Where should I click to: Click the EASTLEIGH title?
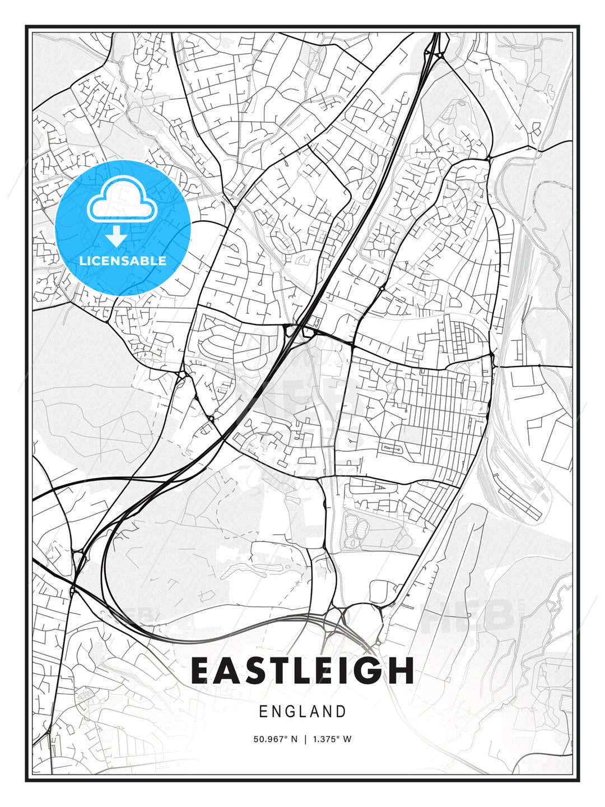pyautogui.click(x=302, y=670)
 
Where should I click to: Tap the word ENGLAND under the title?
pyautogui.click(x=302, y=712)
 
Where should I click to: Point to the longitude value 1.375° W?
pyautogui.click(x=332, y=739)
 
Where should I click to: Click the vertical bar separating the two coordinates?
pyautogui.click(x=305, y=739)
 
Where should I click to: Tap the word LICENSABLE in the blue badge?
pyautogui.click(x=123, y=261)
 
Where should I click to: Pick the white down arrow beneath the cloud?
pyautogui.click(x=117, y=236)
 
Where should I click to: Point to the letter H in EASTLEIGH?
pyautogui.click(x=400, y=670)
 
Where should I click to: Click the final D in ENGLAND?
pyautogui.click(x=341, y=712)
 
